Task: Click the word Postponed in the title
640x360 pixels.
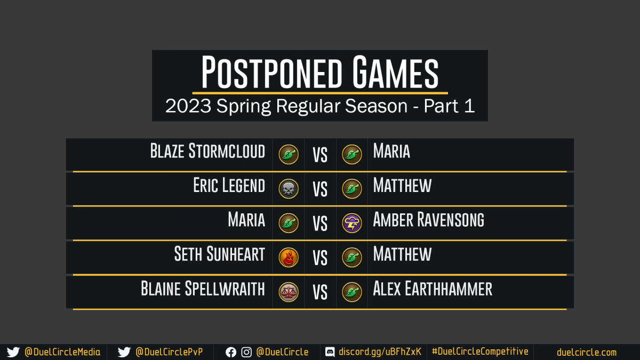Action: pos(271,72)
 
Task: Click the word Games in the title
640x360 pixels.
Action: pos(395,72)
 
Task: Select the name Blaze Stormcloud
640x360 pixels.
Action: pos(207,151)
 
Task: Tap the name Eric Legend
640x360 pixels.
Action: pos(229,185)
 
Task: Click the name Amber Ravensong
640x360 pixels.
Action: pos(429,219)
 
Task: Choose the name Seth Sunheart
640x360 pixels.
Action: pos(220,254)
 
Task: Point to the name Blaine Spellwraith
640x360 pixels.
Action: pos(203,289)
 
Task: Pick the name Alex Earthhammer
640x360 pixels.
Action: pos(433,289)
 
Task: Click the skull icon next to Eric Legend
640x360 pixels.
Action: pos(289,189)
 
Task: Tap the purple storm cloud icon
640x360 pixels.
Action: pos(352,223)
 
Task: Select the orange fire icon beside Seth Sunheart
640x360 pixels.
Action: pos(289,258)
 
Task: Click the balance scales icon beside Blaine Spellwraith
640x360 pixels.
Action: pos(289,292)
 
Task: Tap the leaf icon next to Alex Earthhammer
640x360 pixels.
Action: pos(352,292)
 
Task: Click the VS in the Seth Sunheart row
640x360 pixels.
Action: pos(320,258)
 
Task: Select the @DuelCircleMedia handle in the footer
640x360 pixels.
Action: pos(62,352)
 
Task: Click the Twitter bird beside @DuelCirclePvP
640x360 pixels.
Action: pos(124,353)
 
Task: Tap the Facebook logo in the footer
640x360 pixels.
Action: pos(231,353)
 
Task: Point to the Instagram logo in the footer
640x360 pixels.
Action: pos(246,353)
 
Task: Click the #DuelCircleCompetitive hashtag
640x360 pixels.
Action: pos(480,351)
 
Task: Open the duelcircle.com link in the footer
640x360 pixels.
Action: pos(587,353)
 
